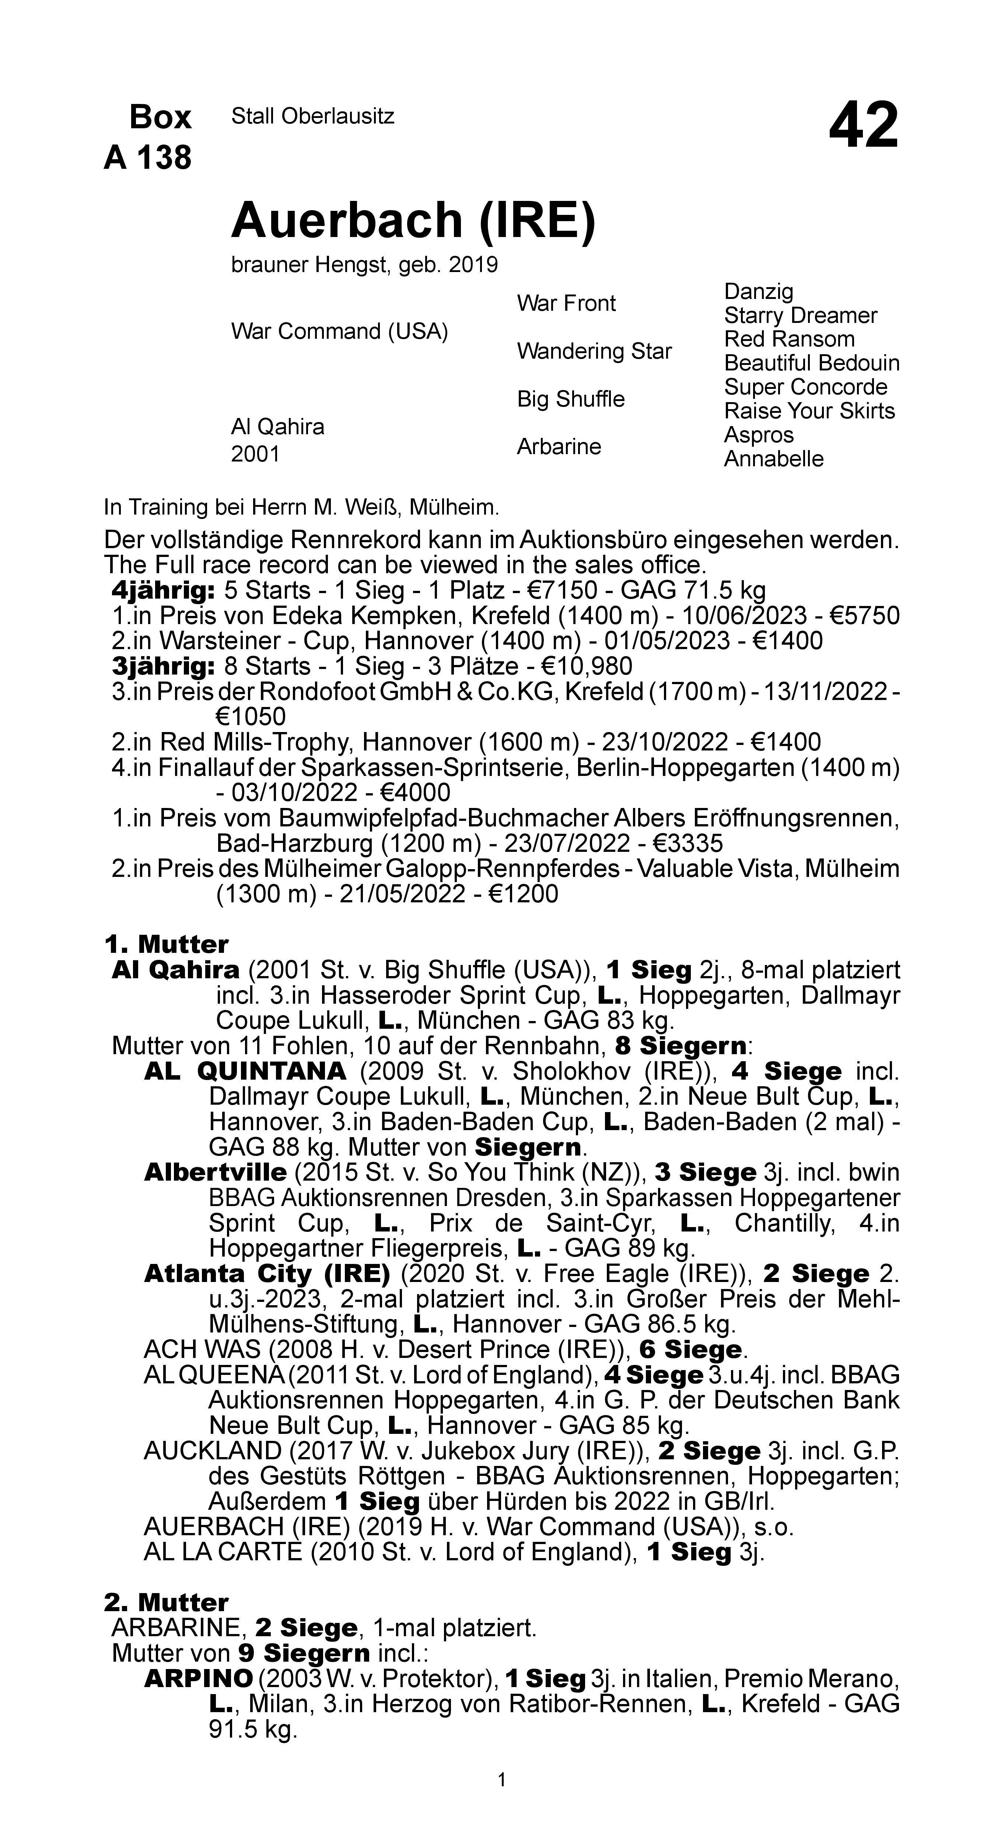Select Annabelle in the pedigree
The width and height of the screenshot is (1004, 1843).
[x=774, y=459]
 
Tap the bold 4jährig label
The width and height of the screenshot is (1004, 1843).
[x=164, y=591]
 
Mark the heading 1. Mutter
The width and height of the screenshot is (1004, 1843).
[x=167, y=944]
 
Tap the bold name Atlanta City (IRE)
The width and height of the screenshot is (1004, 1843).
[x=267, y=1274]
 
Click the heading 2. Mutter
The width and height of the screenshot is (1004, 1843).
[x=167, y=1603]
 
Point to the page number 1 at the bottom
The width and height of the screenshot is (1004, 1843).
[x=502, y=1780]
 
